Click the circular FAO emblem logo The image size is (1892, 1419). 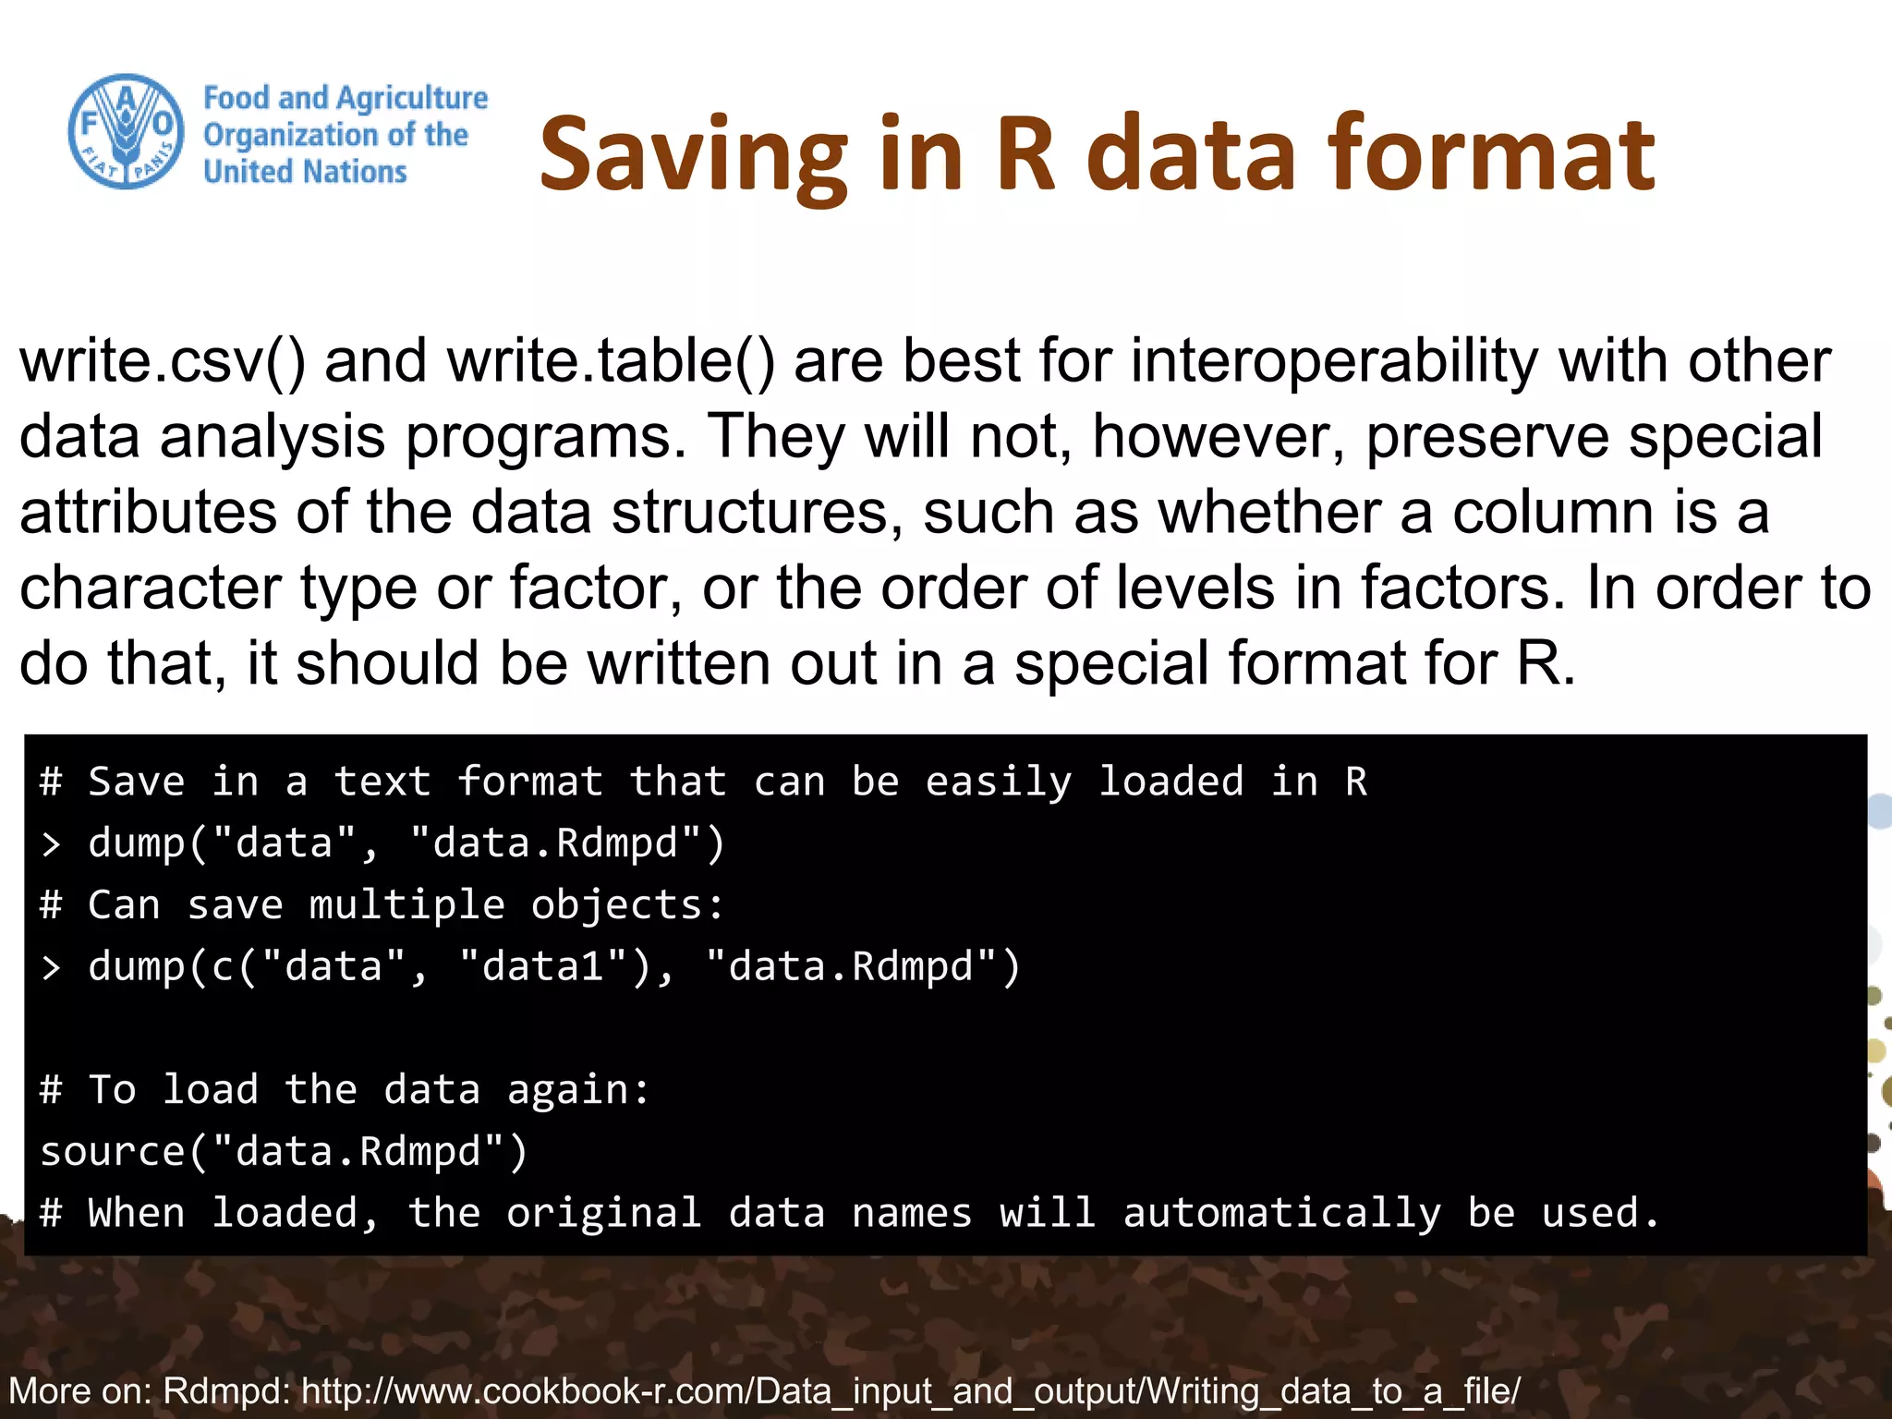pyautogui.click(x=127, y=131)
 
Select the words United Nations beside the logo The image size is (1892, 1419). pyautogui.click(x=305, y=172)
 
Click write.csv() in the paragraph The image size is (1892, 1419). pyautogui.click(x=162, y=361)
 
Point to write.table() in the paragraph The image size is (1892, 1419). pyautogui.click(x=611, y=361)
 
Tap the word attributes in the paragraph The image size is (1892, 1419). pyautogui.click(x=148, y=513)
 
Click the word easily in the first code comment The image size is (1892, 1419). pyautogui.click(x=999, y=782)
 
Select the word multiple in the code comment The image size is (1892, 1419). pyautogui.click(x=406, y=905)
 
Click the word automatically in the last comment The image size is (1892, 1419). pyautogui.click(x=1281, y=1214)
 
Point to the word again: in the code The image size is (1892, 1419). pyautogui.click(x=579, y=1091)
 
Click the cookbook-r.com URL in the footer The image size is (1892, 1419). pyautogui.click(x=911, y=1390)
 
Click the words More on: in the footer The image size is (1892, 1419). pyautogui.click(x=79, y=1390)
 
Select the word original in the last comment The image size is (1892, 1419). pyautogui.click(x=604, y=1214)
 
